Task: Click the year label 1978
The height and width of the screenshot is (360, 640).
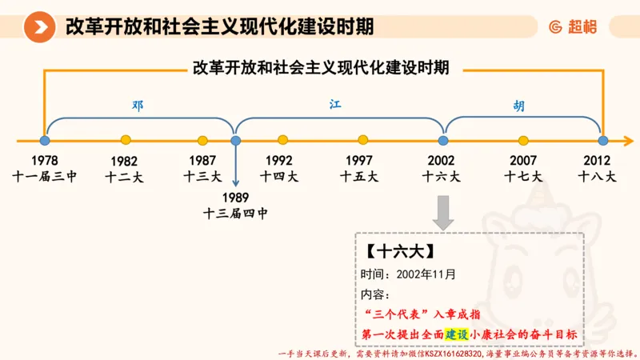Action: [x=45, y=160]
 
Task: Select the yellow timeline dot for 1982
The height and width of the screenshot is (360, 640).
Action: [x=125, y=140]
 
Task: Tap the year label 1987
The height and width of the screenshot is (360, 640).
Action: [x=203, y=160]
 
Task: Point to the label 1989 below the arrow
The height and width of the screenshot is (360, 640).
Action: [x=236, y=197]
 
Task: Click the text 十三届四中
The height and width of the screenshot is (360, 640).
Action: [x=236, y=213]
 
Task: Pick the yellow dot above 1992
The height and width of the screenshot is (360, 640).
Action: [x=283, y=140]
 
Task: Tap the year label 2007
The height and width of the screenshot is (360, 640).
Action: [x=522, y=160]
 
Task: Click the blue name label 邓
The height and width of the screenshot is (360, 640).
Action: [x=138, y=105]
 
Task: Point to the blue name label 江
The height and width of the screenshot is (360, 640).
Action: [x=336, y=105]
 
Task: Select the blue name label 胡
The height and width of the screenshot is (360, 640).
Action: [x=520, y=105]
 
